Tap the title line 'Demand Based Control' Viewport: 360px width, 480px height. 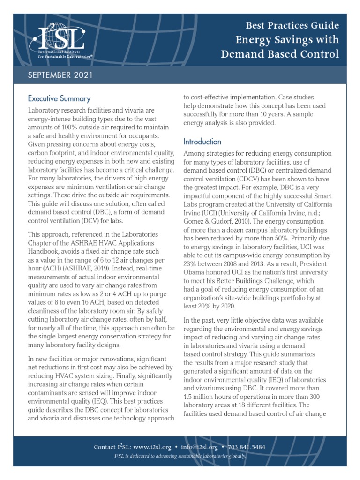pos(280,54)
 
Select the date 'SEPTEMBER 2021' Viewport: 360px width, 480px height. pos(60,75)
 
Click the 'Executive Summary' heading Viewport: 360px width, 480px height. pos(59,98)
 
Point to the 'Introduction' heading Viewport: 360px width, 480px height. pos(202,142)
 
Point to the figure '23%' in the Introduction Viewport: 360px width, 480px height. pos(191,264)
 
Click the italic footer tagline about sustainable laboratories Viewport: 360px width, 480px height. pos(180,456)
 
